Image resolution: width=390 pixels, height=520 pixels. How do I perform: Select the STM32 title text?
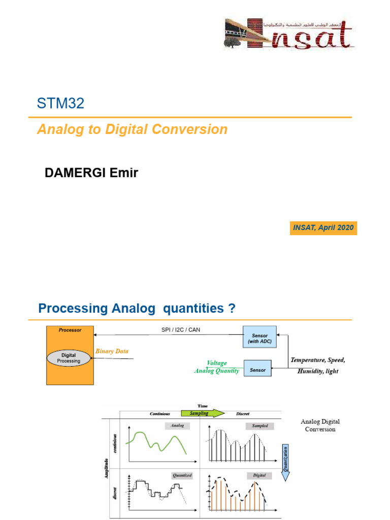(60, 104)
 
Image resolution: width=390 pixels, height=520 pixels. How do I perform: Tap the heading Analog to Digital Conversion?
(132, 129)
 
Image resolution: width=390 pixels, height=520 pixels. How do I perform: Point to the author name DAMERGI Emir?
(91, 173)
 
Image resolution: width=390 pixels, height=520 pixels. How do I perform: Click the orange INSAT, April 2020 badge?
(323, 227)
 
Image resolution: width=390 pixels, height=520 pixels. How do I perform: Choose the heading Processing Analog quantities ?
(137, 308)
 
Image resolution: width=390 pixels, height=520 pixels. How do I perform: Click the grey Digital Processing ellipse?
(69, 357)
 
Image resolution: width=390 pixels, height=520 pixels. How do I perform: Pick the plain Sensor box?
(257, 370)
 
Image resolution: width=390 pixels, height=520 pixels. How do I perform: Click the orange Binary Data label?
(112, 351)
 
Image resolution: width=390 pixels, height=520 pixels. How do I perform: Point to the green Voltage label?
(217, 363)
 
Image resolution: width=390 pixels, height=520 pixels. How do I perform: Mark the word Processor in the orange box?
(70, 330)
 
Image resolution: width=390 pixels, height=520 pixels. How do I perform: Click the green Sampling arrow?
(199, 413)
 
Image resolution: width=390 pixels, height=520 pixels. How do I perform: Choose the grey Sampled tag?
(256, 426)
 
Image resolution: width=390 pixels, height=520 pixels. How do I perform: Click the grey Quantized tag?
(181, 475)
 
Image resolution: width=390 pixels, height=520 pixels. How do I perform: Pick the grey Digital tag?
(259, 475)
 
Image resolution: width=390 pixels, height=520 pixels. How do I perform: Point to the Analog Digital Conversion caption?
(320, 426)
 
